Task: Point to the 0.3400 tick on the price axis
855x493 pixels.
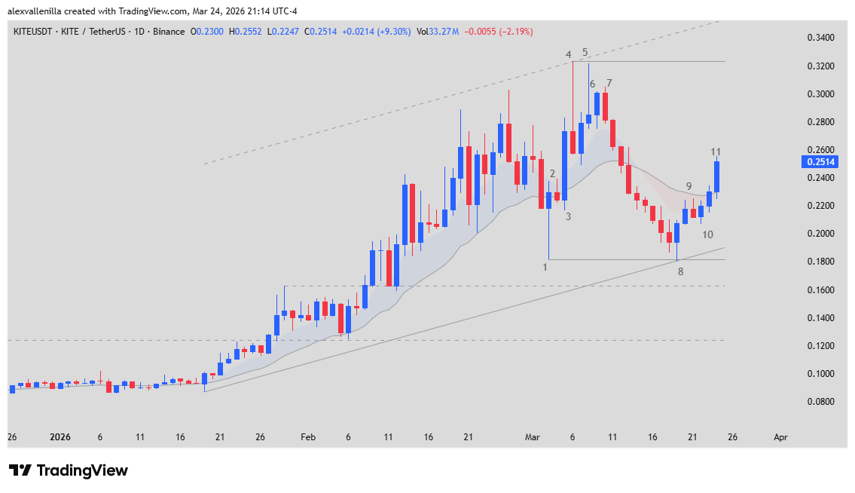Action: coord(820,38)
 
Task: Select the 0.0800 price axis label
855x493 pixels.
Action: coord(820,402)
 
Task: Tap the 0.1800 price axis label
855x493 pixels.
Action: coord(820,262)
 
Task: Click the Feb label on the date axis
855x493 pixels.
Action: coord(307,437)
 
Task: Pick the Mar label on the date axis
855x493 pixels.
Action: coord(533,437)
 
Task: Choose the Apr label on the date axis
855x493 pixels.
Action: coord(781,437)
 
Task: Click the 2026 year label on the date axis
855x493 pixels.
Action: coord(60,437)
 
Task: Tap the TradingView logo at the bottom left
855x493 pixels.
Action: coord(69,470)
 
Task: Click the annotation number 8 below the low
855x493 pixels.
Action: coord(680,271)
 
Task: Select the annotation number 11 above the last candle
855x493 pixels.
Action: coord(716,152)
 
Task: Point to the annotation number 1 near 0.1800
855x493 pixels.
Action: coord(545,267)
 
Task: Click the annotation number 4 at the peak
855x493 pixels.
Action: coord(569,54)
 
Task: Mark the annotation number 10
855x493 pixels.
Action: coord(707,235)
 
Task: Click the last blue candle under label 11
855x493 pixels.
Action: coord(717,177)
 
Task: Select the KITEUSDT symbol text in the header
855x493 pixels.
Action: coord(35,32)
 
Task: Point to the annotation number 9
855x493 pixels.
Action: coord(689,186)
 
